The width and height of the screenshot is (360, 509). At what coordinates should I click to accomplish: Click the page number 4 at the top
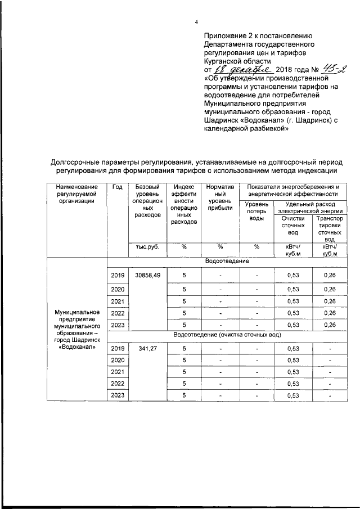coord(196,22)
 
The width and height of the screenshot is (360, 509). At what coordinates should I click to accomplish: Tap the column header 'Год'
coord(117,187)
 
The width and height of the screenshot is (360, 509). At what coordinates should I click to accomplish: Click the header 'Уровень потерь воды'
coord(256,211)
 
